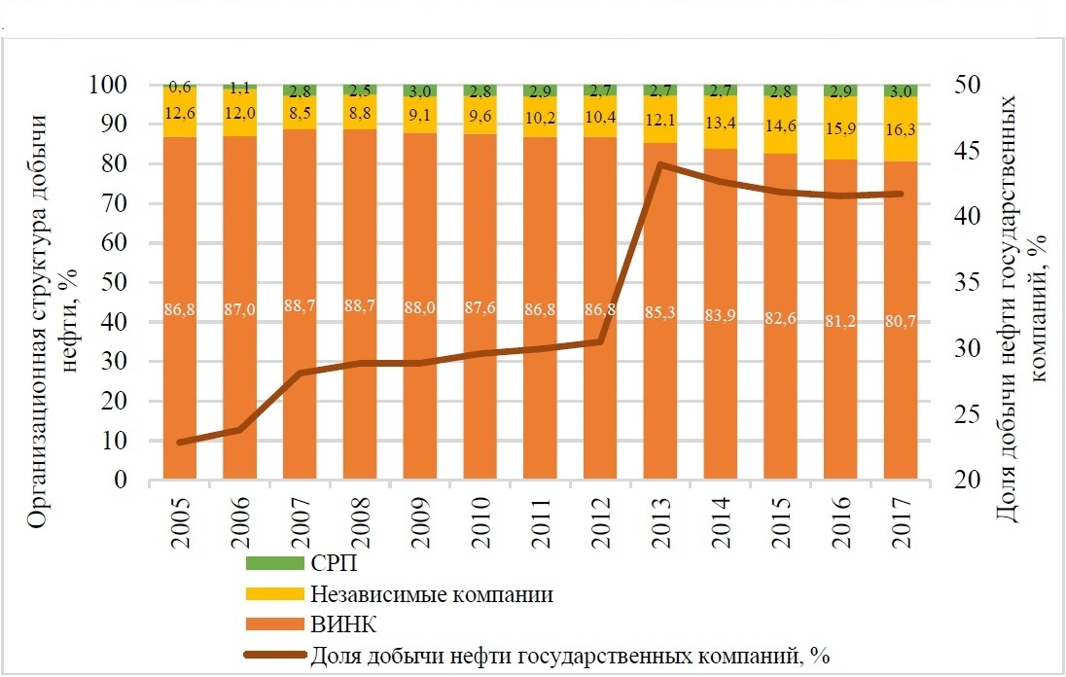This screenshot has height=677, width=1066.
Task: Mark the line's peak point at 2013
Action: (660, 164)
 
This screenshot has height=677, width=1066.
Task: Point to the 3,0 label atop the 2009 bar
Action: (421, 91)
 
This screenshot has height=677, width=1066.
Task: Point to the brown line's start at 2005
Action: (180, 442)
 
